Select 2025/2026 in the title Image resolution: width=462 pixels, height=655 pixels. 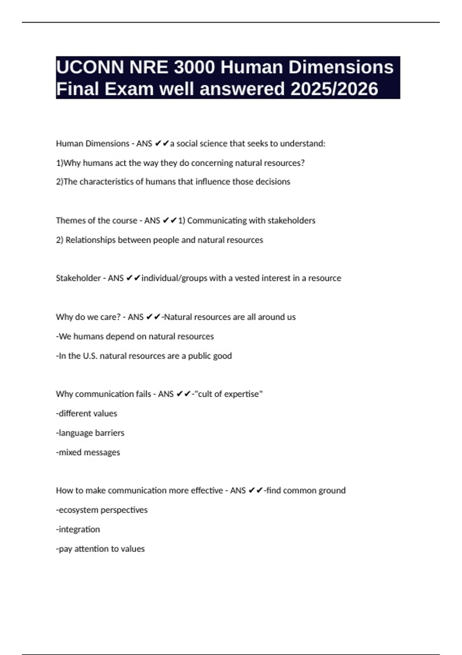[334, 89]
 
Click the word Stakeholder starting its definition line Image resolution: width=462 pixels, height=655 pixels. [78, 278]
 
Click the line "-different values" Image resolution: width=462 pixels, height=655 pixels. [87, 413]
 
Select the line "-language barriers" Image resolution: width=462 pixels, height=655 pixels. [90, 433]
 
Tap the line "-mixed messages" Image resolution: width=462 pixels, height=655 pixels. [88, 452]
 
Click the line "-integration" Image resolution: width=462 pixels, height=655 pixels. [78, 529]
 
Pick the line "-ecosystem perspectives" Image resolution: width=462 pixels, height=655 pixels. [102, 510]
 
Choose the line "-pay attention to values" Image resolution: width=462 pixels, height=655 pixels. [100, 549]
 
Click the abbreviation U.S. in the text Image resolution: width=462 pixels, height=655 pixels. [90, 356]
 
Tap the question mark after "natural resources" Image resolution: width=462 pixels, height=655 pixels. [303, 163]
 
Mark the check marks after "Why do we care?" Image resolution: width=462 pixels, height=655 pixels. [153, 317]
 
